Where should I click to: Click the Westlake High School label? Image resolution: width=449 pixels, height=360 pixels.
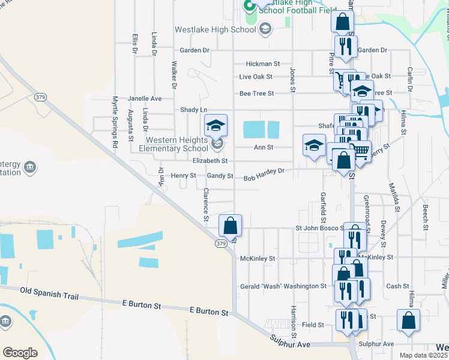point(214,29)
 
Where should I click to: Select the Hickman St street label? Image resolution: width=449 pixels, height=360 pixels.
point(263,64)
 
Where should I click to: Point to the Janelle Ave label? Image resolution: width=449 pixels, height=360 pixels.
point(145,98)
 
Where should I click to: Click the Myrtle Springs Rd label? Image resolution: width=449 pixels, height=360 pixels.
point(115,121)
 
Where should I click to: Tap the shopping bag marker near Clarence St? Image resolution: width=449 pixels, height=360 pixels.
point(230,227)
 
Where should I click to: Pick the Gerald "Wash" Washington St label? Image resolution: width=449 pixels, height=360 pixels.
point(283,286)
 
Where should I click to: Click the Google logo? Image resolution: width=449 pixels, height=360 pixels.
point(20,352)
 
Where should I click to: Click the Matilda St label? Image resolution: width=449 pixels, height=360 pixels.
point(396,197)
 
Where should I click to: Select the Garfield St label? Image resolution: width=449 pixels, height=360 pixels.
point(323,204)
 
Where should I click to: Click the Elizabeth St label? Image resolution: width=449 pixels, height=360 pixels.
point(210,161)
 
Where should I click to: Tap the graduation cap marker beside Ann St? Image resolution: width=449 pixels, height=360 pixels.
point(314,146)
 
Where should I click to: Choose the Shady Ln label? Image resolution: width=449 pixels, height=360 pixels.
point(194,110)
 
